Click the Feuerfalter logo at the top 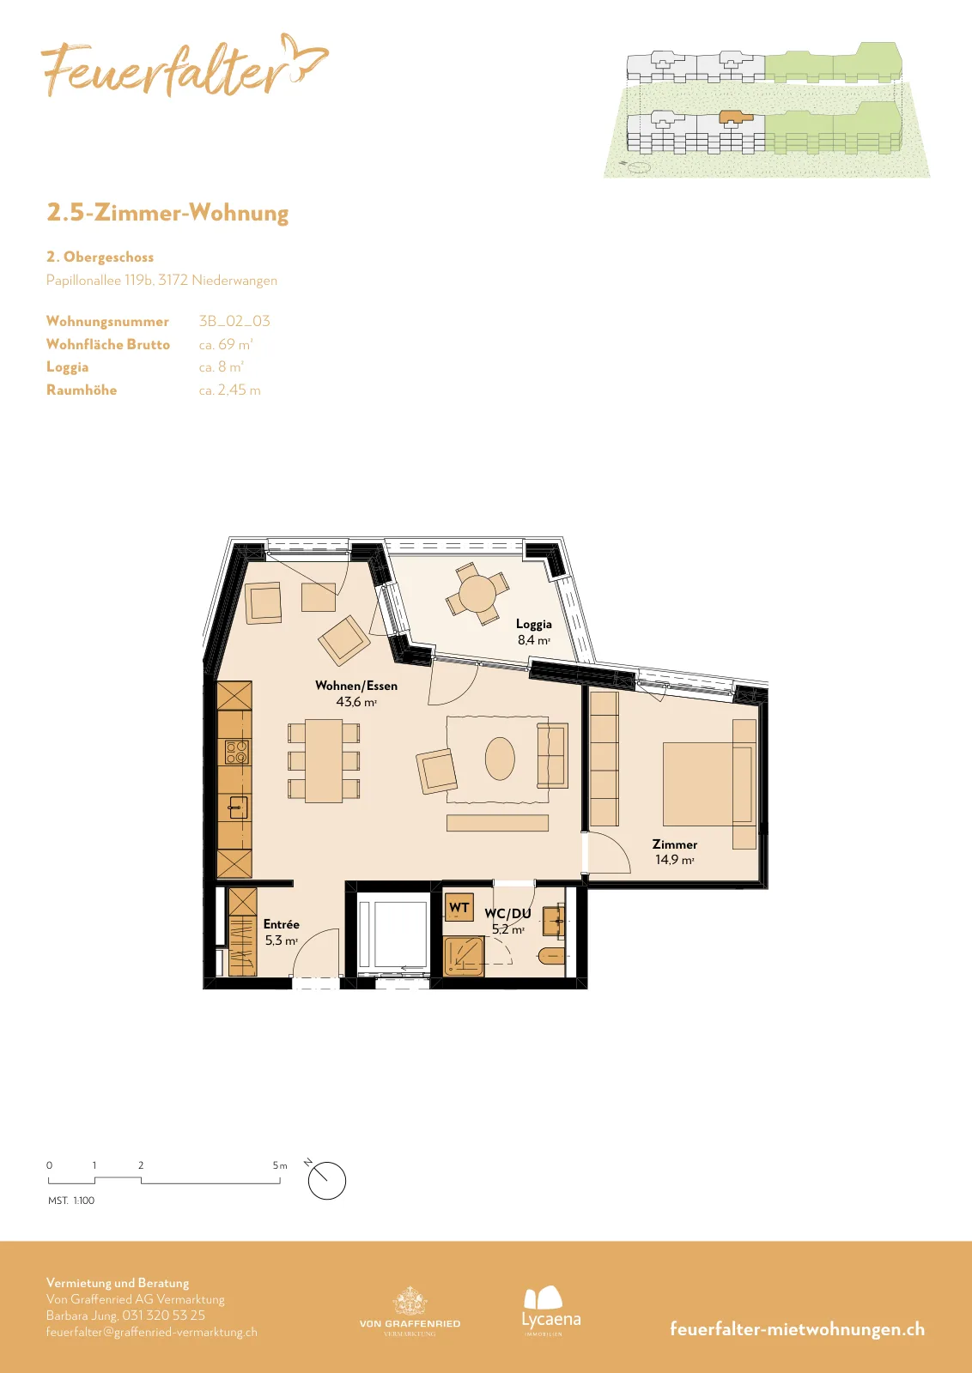tap(184, 66)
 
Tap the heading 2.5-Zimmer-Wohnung tap(167, 213)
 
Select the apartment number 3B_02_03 tap(234, 321)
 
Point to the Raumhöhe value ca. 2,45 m tap(229, 390)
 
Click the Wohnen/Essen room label tap(356, 686)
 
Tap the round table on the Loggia tap(477, 593)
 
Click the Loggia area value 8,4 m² tap(533, 640)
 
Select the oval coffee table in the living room tap(500, 759)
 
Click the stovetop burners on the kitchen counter tap(237, 752)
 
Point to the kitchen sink tap(238, 807)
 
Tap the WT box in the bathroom tap(459, 908)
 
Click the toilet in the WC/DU tap(551, 956)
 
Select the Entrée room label tap(282, 924)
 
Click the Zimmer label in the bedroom tap(675, 844)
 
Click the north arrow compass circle tap(327, 1181)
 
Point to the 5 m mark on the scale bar tap(280, 1165)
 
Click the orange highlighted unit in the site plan tap(735, 117)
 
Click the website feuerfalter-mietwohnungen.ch tap(797, 1328)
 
